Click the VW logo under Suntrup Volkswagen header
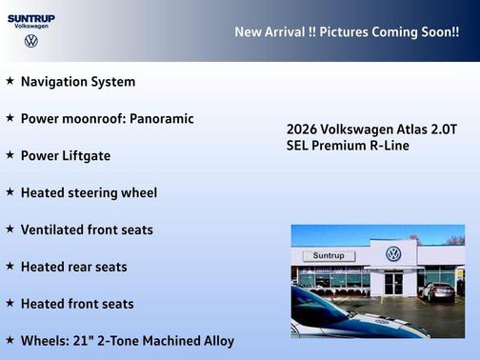[x=31, y=42]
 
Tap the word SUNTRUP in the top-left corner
[x=31, y=17]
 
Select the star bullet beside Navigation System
[x=10, y=81]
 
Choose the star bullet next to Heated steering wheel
[x=10, y=191]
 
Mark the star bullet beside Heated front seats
[x=10, y=303]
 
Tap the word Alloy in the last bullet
[x=215, y=340]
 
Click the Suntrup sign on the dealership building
[x=328, y=256]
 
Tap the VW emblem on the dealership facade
[x=393, y=253]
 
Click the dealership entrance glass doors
[x=393, y=283]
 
